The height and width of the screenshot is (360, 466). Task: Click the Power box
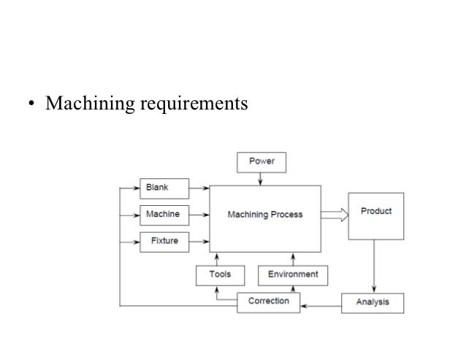261,161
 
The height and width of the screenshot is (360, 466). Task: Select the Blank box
164,188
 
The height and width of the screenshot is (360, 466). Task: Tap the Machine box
164,215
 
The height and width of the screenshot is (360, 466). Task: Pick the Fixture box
164,241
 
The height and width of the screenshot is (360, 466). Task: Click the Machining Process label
264,215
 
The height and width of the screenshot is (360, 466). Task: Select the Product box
375,215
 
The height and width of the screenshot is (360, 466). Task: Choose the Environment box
292,275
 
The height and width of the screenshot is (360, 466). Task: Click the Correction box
268,301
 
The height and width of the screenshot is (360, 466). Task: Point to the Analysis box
373,302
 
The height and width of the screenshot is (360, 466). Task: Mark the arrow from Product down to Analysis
375,266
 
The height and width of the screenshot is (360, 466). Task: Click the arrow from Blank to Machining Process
199,188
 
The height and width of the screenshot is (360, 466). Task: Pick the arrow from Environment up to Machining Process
292,258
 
